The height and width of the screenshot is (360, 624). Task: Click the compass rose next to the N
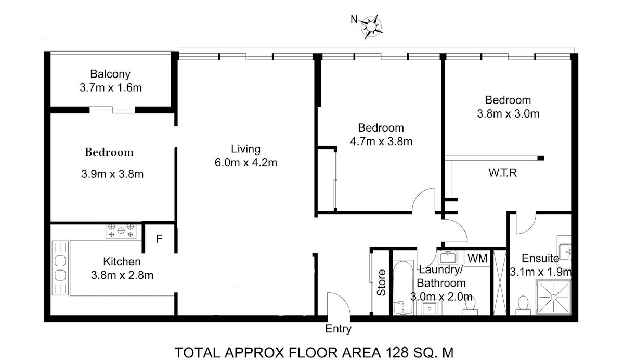coord(371,27)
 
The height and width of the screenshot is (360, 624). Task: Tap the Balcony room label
coord(110,74)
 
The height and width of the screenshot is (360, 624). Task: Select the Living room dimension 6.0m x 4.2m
coord(245,163)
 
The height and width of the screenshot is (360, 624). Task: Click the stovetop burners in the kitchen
coord(121,230)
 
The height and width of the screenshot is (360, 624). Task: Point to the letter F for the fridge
coord(159,239)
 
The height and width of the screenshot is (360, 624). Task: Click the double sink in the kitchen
coord(60,268)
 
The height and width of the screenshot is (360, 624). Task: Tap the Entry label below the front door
coord(338,329)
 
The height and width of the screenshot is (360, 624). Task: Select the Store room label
coord(381,282)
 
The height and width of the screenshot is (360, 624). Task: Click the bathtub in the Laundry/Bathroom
coord(402,287)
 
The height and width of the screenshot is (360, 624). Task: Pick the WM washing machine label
coord(477,259)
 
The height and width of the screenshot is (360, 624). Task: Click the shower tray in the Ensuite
coord(553,297)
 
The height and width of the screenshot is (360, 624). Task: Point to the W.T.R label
coord(502,173)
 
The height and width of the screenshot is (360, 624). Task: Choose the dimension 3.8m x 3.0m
coord(508,114)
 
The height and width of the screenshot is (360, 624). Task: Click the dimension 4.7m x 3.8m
coord(381,142)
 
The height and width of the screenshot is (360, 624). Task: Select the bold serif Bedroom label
coord(109,152)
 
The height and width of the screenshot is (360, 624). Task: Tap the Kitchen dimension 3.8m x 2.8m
coord(122,275)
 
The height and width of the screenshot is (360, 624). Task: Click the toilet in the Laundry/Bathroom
coord(470,306)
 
